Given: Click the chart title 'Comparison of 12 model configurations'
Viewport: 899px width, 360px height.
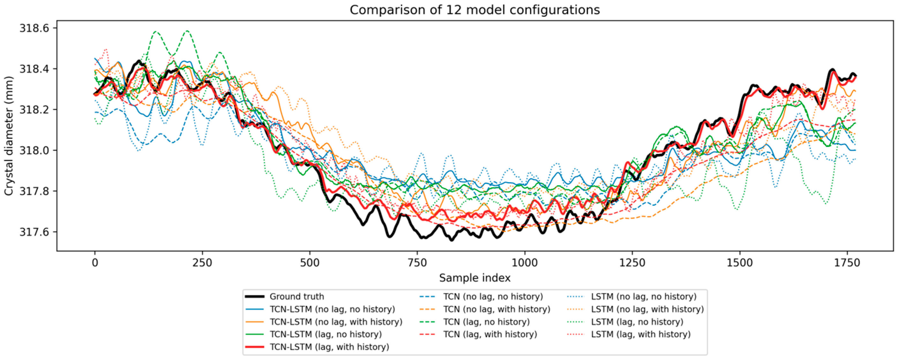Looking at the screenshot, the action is [x=475, y=10].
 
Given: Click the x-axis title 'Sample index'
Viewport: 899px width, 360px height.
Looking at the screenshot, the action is [x=475, y=278].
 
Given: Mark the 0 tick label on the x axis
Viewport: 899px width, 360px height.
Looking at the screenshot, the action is [x=95, y=262].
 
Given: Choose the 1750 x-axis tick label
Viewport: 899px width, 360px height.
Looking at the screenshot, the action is [x=847, y=262].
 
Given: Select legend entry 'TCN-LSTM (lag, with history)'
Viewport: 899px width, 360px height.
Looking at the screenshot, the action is [x=317, y=347].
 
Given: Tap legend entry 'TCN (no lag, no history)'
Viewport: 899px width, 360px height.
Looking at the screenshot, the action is [x=481, y=297].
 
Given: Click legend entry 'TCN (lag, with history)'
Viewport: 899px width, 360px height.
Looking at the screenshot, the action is [x=478, y=334].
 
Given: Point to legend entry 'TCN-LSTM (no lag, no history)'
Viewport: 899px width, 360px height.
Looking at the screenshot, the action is [x=320, y=309].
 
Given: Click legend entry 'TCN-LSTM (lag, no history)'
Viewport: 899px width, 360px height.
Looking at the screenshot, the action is [x=313, y=334].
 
